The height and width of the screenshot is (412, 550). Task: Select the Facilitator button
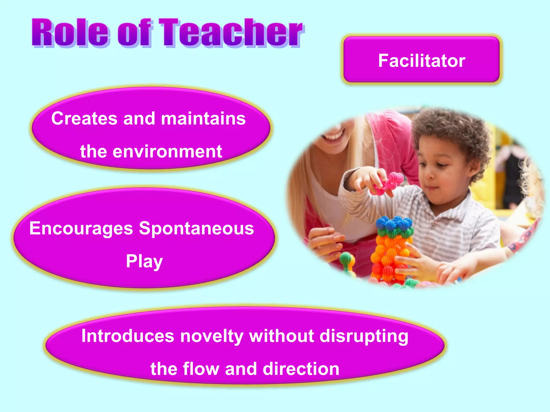pyautogui.click(x=421, y=60)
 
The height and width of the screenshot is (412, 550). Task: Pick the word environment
pyautogui.click(x=167, y=152)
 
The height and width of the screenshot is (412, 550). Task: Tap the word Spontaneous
pyautogui.click(x=196, y=228)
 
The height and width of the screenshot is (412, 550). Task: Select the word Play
pyautogui.click(x=144, y=261)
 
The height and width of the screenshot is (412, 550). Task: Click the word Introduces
pyautogui.click(x=128, y=336)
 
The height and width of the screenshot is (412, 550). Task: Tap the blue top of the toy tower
pyautogui.click(x=394, y=222)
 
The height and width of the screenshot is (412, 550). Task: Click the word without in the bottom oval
pyautogui.click(x=281, y=336)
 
